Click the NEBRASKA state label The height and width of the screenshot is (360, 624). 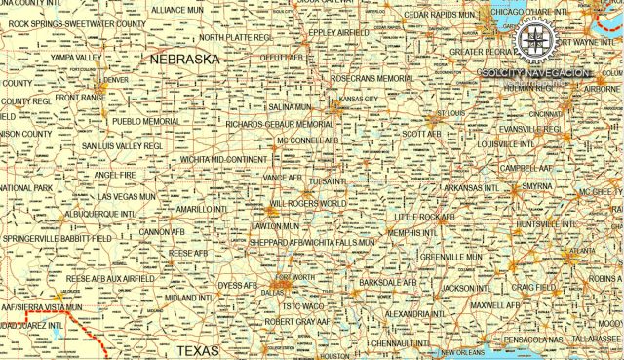[185, 60]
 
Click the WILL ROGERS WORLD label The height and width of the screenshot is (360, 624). [306, 203]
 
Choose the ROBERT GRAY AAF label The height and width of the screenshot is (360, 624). [297, 321]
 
